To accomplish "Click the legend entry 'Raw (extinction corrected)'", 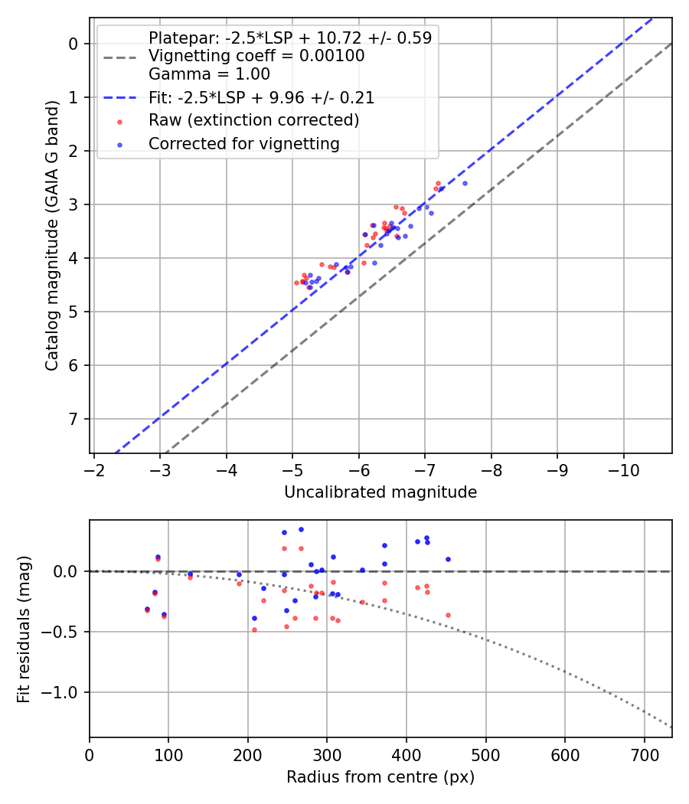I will [253, 120].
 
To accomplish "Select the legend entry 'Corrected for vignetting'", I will [243, 143].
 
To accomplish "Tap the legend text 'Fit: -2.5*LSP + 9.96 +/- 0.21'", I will [261, 97].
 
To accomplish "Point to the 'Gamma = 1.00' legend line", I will [209, 74].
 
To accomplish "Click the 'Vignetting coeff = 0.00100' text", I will [256, 56].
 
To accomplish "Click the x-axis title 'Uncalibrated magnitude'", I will [380, 492].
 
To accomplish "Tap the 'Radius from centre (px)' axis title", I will [380, 777].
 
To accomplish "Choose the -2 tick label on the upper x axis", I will [93, 466].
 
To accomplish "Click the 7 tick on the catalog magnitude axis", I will [74, 419].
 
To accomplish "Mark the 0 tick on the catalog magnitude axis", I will [74, 44].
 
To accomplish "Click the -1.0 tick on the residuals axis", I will [64, 692].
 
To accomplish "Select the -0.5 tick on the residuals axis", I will [64, 632].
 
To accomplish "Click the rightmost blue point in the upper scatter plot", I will [465, 183].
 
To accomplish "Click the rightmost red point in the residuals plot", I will [448, 615].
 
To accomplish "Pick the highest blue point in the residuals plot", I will [301, 529].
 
